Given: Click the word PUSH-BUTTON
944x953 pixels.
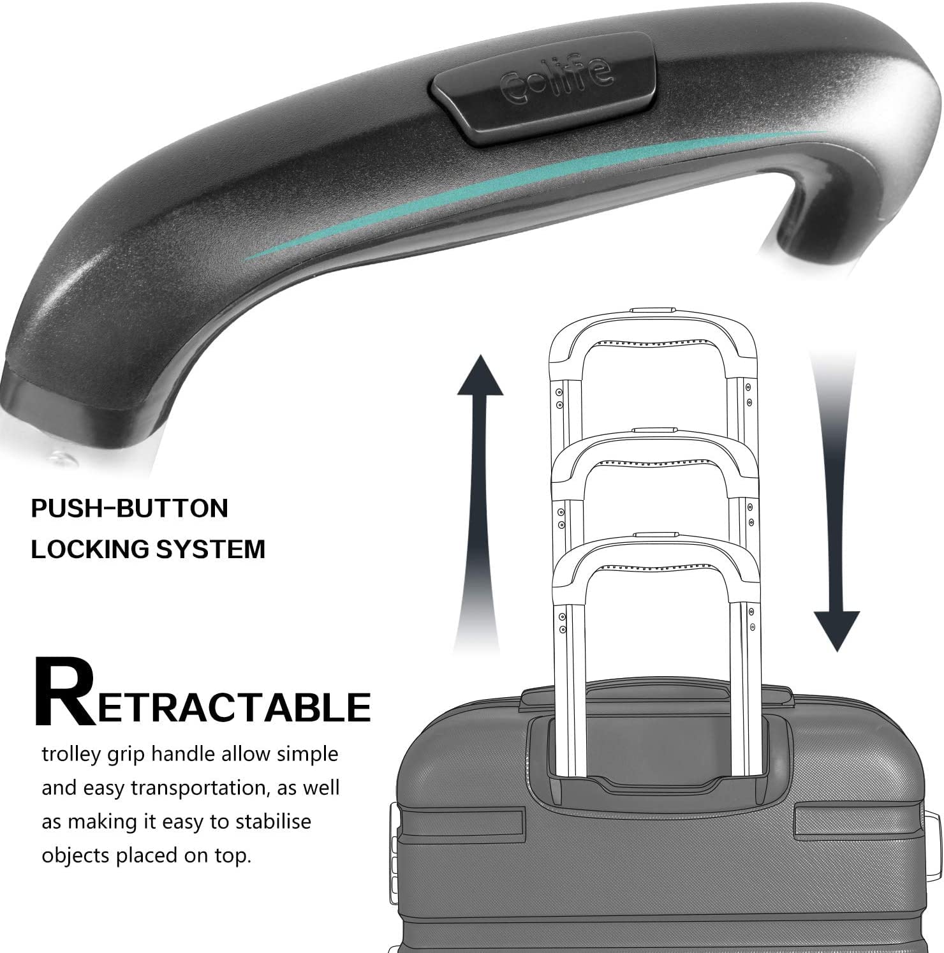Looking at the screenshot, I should click(x=129, y=508).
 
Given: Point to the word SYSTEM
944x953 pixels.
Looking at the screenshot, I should click(x=218, y=549).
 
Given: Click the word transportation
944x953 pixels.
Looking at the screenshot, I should click(x=198, y=788).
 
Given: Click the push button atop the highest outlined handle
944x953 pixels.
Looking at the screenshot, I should click(x=652, y=310).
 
